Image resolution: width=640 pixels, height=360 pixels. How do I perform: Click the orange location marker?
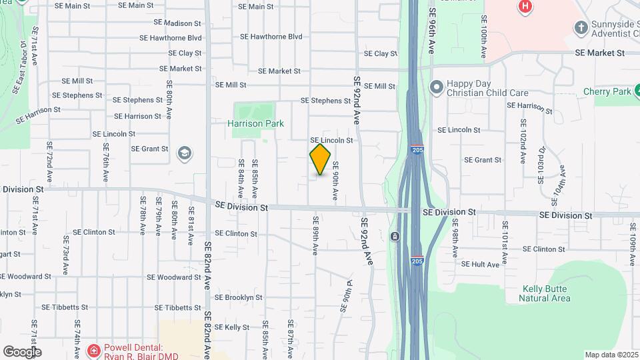point(320,159)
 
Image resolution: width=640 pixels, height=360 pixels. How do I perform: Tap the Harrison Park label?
point(255,123)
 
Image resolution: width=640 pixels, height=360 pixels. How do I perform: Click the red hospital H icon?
point(525,7)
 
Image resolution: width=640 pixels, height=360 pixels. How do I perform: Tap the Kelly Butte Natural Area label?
point(545,293)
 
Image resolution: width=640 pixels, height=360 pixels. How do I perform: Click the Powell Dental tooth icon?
point(94,349)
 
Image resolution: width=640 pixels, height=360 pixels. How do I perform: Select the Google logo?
point(22,351)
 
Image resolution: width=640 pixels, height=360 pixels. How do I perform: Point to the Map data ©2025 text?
point(611,355)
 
